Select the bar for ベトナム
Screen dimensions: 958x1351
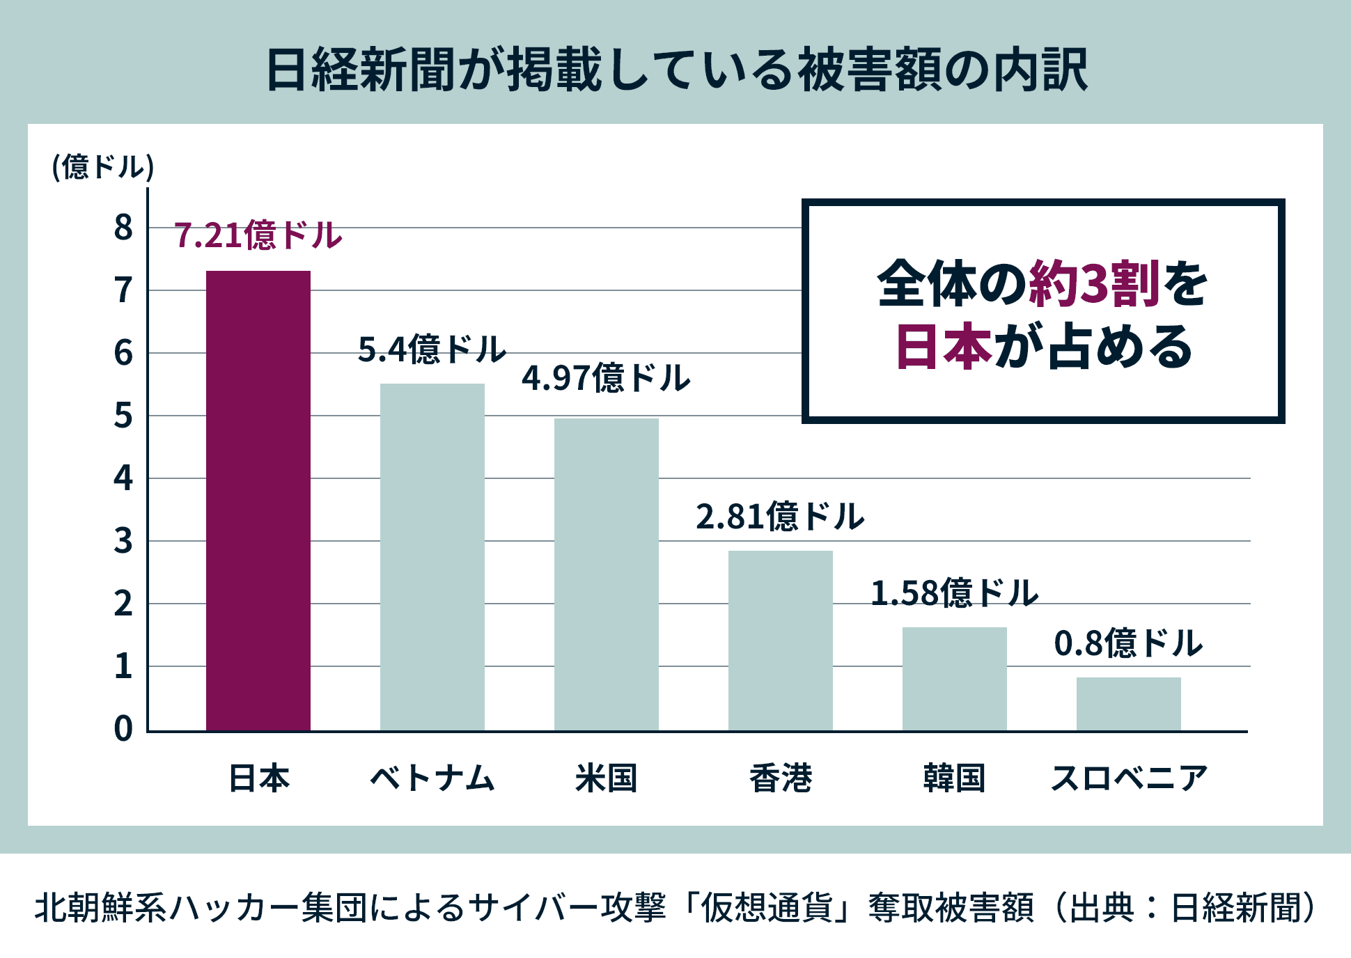(x=432, y=556)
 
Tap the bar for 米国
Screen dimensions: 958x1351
(x=606, y=574)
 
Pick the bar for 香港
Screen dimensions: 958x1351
(x=780, y=640)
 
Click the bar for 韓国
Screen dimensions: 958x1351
(x=954, y=678)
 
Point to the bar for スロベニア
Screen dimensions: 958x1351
(x=1128, y=703)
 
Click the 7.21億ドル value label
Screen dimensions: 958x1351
(x=258, y=235)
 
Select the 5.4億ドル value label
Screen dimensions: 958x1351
(x=432, y=349)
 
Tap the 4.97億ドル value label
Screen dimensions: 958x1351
(x=606, y=378)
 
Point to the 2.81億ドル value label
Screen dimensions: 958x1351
(x=780, y=517)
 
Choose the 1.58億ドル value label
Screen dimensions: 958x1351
(x=954, y=593)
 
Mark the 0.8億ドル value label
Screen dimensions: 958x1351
(x=1128, y=643)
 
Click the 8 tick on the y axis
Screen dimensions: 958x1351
(x=123, y=228)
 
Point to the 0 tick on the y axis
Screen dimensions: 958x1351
(x=123, y=729)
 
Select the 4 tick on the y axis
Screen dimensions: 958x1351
(x=123, y=478)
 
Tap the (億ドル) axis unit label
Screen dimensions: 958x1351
(x=103, y=167)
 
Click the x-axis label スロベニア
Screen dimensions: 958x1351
(x=1128, y=778)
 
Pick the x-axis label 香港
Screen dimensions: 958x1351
(x=780, y=778)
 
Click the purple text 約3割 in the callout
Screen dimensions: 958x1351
(x=1094, y=284)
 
